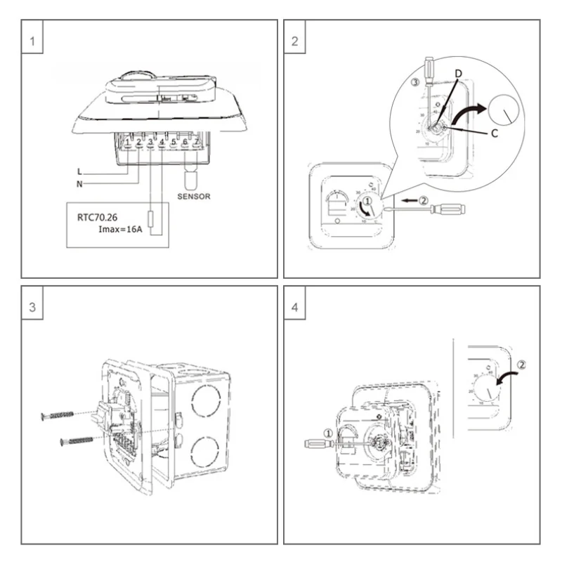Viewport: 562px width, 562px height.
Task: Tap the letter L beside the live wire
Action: coord(81,171)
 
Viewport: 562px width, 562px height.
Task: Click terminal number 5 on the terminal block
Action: coord(173,143)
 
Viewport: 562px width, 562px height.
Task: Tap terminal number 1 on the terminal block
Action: coord(127,143)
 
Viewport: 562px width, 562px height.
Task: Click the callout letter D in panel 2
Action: coord(458,73)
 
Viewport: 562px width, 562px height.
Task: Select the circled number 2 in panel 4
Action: coord(521,365)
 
